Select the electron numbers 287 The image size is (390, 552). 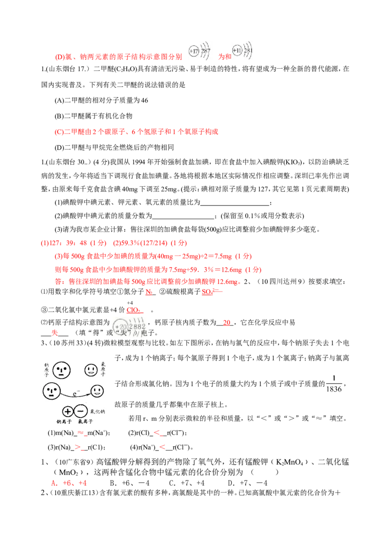tap(205, 51)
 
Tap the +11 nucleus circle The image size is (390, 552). tap(236, 51)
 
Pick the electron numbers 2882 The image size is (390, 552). tap(137, 326)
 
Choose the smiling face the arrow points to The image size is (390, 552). tap(97, 391)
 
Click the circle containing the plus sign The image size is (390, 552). tap(68, 411)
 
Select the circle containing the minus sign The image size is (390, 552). tap(81, 411)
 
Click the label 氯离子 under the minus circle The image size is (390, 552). tap(85, 421)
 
